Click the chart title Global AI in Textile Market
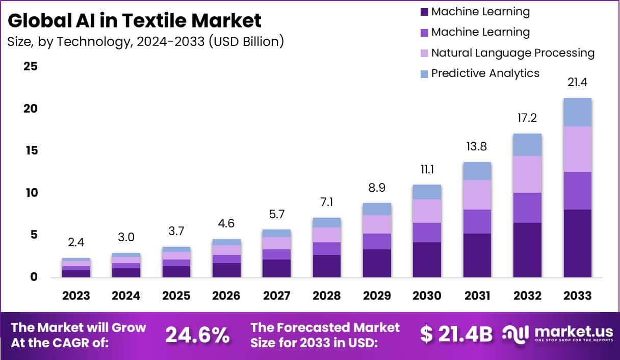tap(135, 20)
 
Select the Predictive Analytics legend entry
tap(485, 73)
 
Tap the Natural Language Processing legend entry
tap(512, 53)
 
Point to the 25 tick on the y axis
tap(30, 67)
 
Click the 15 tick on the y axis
tap(30, 151)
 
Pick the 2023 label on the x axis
tap(76, 296)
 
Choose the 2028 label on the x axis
tap(327, 296)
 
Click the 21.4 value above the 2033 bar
tap(578, 82)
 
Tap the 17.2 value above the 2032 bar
tap(528, 118)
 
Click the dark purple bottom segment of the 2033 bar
tap(578, 243)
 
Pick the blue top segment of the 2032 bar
tap(528, 145)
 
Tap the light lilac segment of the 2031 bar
tap(477, 195)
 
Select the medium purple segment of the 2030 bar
tap(427, 233)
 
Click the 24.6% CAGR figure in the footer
tap(197, 335)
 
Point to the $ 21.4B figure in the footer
tap(456, 334)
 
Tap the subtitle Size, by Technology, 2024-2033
tap(145, 41)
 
